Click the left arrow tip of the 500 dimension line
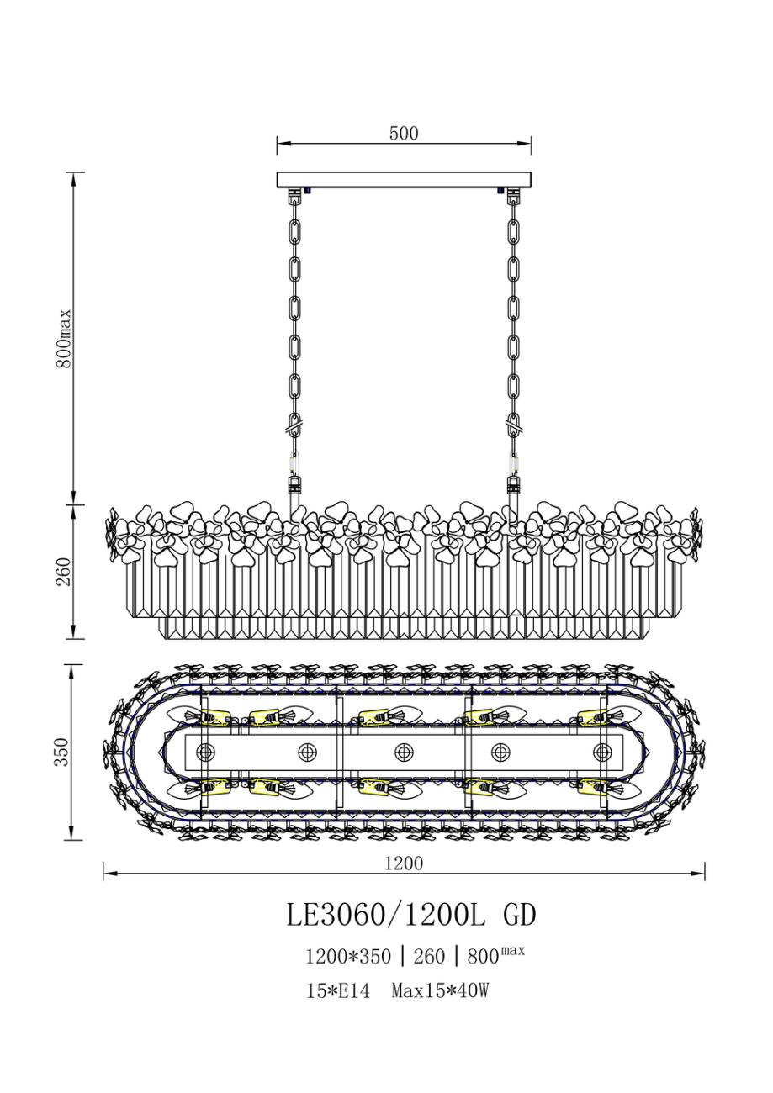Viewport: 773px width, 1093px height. pos(278,144)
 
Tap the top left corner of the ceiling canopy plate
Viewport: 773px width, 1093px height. pos(278,172)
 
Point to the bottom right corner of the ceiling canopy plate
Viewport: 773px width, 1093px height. pos(532,187)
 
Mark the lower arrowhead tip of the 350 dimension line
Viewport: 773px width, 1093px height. pos(71,840)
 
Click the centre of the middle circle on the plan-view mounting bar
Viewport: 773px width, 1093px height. pos(403,752)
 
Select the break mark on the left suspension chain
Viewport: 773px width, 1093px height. pos(294,429)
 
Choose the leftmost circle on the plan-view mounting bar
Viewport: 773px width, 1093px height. pos(205,752)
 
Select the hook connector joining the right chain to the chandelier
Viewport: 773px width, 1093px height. pos(512,485)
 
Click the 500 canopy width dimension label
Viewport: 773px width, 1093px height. pos(404,133)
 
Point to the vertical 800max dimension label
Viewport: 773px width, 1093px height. pos(64,338)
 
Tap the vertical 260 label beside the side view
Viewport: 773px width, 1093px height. pos(64,572)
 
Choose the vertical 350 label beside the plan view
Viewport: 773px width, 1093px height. pos(62,752)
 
